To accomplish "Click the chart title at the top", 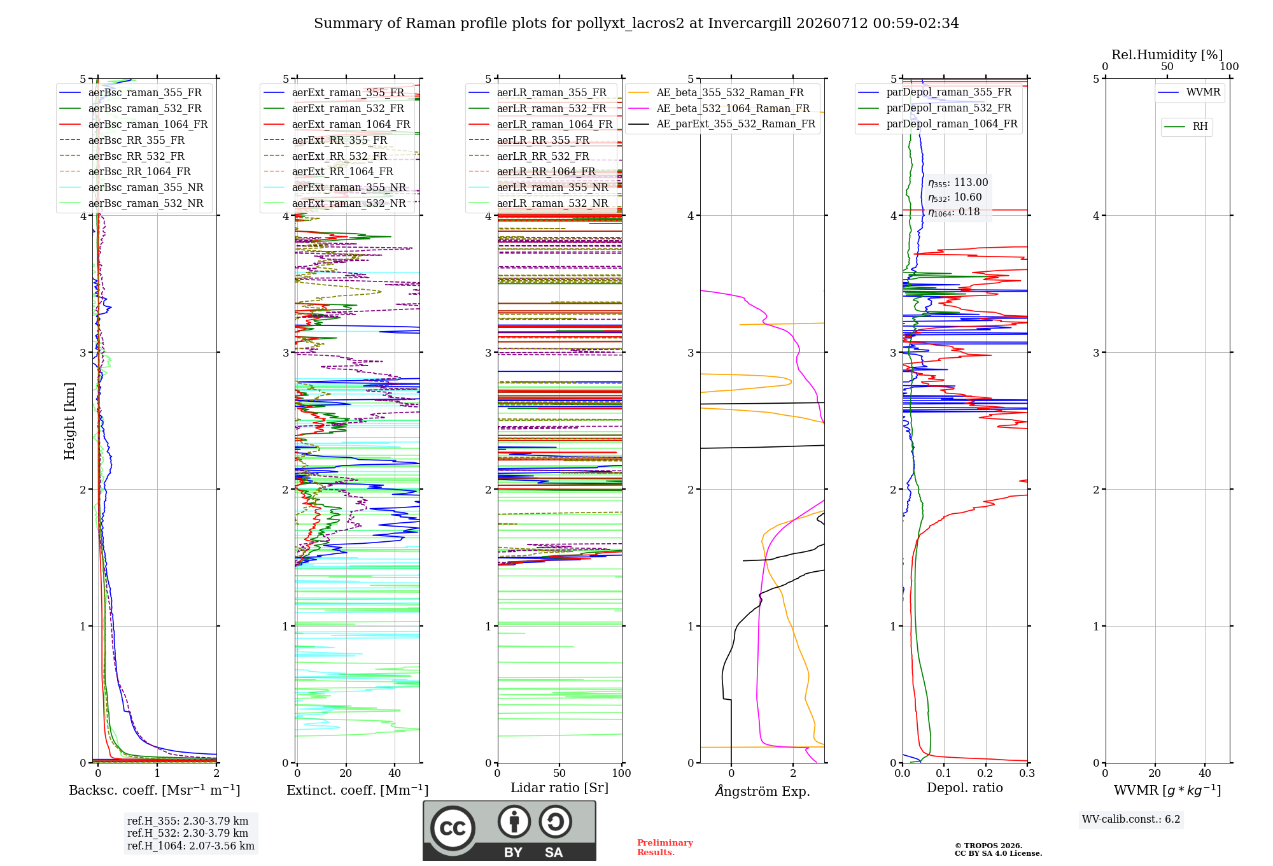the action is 636,24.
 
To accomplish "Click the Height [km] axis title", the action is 69,420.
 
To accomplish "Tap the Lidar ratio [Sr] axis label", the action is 559,788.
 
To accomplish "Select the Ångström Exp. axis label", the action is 763,791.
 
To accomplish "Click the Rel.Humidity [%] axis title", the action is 1167,55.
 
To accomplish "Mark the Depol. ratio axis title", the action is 964,788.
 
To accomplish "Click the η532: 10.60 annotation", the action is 955,197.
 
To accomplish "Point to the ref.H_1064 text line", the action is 191,846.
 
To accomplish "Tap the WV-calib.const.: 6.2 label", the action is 1131,820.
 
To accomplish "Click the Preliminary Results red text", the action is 665,848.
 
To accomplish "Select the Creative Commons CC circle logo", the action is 453,828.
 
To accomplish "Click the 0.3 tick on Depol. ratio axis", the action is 1027,774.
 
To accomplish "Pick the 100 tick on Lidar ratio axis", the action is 622,774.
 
